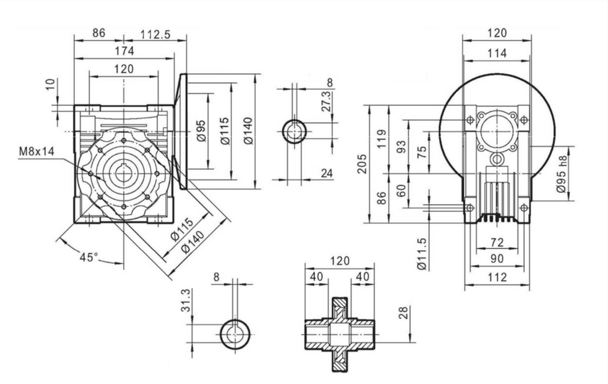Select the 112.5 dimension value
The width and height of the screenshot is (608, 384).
click(155, 34)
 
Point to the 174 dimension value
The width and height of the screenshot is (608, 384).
click(124, 51)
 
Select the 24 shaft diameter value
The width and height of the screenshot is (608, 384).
click(327, 173)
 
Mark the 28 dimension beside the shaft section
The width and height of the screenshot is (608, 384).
click(404, 314)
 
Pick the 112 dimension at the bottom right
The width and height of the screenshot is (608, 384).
click(497, 278)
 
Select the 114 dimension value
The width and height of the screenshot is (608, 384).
click(497, 53)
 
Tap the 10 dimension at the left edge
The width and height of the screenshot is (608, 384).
click(52, 84)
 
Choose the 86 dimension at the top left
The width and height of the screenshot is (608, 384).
click(99, 34)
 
